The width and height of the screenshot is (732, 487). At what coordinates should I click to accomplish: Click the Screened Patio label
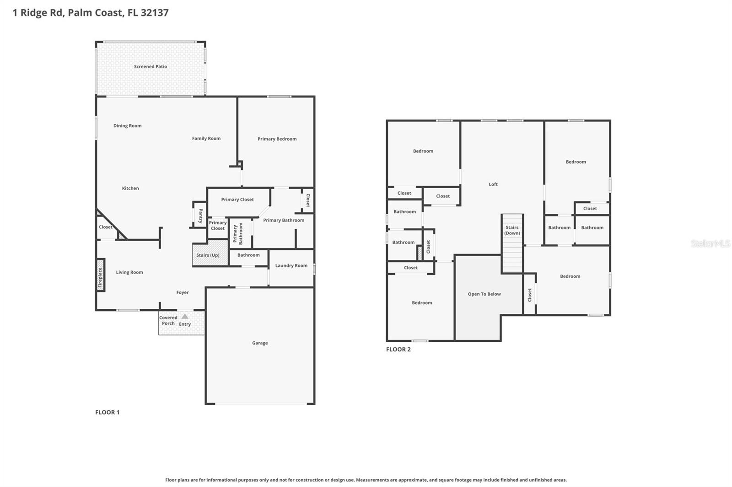150,67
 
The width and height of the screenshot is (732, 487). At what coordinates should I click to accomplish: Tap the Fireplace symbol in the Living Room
100,275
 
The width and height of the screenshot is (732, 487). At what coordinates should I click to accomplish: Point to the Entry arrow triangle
185,316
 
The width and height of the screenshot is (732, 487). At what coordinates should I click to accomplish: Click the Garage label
260,343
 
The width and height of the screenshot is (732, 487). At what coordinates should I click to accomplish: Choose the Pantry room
200,215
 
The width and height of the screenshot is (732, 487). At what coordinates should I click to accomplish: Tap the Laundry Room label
291,265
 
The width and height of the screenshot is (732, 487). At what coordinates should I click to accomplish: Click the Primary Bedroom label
277,139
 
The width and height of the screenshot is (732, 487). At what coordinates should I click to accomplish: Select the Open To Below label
484,294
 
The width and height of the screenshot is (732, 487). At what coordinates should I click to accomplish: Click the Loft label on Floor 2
493,185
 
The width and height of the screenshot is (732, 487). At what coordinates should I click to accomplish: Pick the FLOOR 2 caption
398,349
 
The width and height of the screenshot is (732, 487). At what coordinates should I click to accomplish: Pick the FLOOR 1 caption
107,412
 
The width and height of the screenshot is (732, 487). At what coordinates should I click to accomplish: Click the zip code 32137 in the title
155,13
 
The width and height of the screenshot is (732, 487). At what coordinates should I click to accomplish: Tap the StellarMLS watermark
710,243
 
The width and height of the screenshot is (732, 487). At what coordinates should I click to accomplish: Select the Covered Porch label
168,320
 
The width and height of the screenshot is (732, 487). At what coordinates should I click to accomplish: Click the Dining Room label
127,126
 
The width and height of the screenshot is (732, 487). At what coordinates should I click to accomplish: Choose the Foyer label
182,292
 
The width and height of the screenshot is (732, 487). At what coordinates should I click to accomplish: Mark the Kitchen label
130,188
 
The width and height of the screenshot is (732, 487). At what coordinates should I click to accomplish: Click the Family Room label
206,138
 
